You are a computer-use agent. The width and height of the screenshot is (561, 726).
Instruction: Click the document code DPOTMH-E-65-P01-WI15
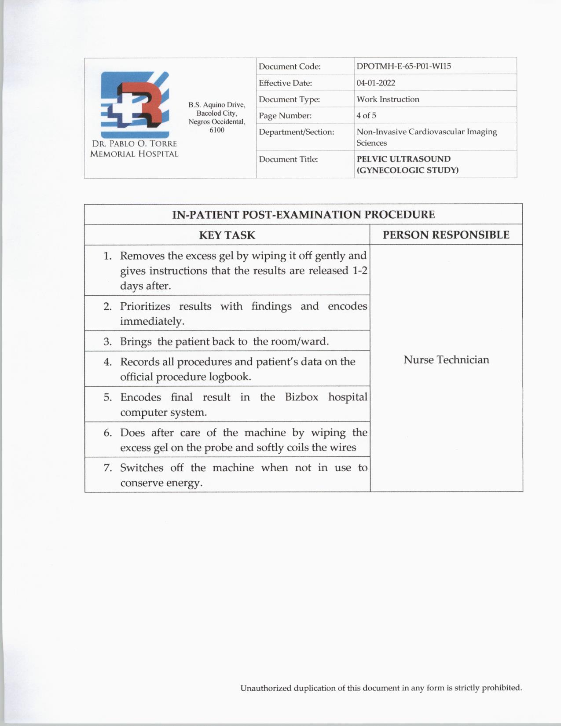coord(403,66)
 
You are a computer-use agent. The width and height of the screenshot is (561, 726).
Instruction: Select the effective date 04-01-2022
coord(376,83)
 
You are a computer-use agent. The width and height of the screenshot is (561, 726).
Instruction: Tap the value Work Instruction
coord(388,99)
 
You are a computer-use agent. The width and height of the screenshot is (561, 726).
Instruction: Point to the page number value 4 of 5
coord(366,115)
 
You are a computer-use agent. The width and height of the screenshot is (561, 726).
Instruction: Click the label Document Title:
coord(288,159)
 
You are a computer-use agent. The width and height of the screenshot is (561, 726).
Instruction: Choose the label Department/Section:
coord(296,132)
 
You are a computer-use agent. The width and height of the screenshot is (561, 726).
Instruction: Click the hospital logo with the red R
coord(135,105)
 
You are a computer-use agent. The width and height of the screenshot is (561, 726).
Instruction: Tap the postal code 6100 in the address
coord(217,130)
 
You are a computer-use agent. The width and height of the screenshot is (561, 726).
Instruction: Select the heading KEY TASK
coord(227,235)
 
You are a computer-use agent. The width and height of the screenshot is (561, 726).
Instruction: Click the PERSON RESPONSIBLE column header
coord(446,235)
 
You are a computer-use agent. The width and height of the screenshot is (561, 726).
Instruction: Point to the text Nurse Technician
coord(446,360)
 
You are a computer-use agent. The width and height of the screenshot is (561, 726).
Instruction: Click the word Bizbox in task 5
coord(301,397)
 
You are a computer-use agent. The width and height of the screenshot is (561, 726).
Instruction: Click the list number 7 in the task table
coord(108,468)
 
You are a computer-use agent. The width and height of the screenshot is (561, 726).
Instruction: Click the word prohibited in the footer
coord(502,688)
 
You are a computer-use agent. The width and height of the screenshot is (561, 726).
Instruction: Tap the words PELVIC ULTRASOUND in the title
coord(403,159)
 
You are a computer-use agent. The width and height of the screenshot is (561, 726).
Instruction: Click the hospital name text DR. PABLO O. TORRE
coord(134,144)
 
